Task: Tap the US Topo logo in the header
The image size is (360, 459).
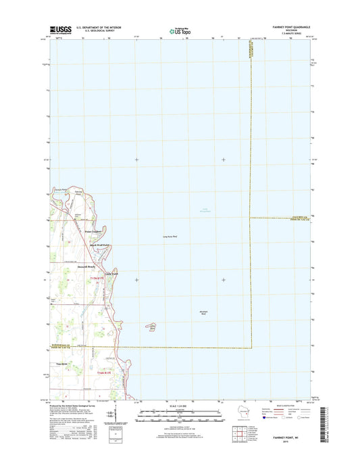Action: pyautogui.click(x=175, y=30)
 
